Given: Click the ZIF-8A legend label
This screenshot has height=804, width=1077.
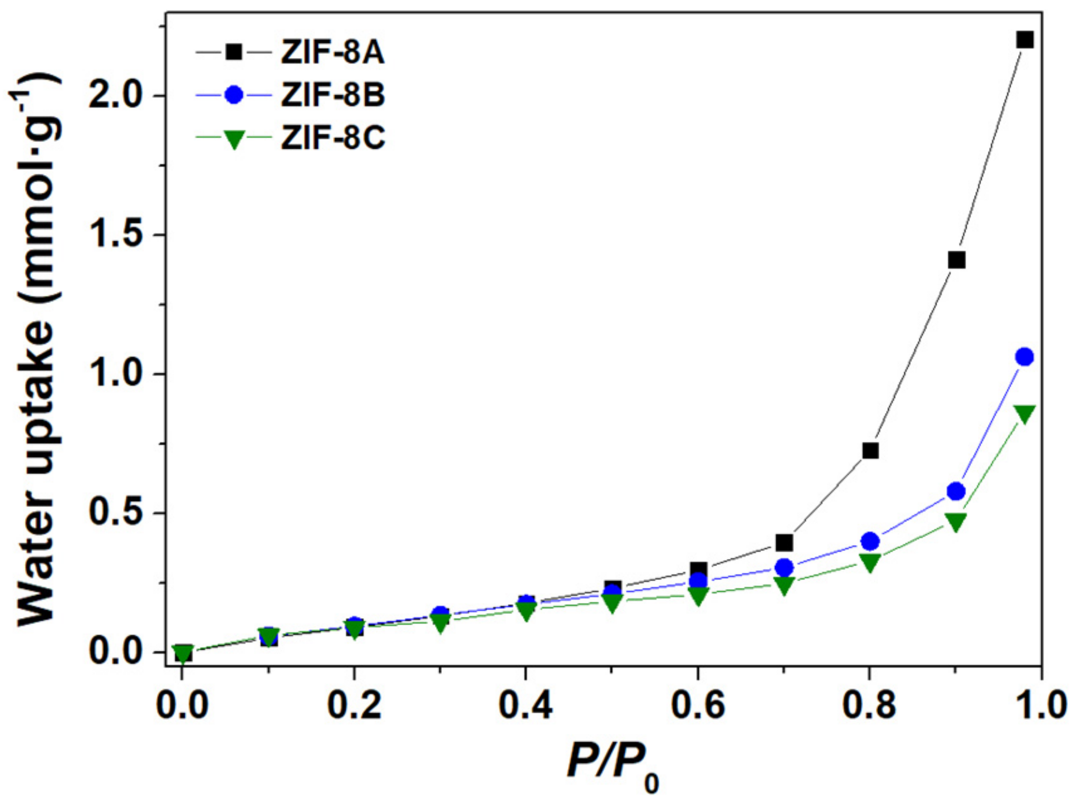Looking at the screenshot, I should (332, 54).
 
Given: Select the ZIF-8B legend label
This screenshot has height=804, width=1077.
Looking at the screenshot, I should (332, 95).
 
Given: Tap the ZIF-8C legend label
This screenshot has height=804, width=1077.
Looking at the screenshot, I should (332, 138).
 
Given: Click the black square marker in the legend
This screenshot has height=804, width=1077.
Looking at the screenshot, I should (234, 52).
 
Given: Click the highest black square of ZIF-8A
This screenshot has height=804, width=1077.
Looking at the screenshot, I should (1024, 40).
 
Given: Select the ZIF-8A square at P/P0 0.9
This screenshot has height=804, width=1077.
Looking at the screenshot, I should (956, 260).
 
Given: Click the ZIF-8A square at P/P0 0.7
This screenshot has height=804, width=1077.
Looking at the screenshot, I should (784, 542).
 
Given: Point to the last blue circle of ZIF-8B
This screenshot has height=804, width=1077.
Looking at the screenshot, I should (1024, 357).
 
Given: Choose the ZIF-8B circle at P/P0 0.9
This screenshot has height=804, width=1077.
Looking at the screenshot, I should (956, 491).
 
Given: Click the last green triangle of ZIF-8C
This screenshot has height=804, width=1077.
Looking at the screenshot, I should (1024, 414).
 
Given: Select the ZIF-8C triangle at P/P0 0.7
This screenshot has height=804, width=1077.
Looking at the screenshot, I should (784, 585).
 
